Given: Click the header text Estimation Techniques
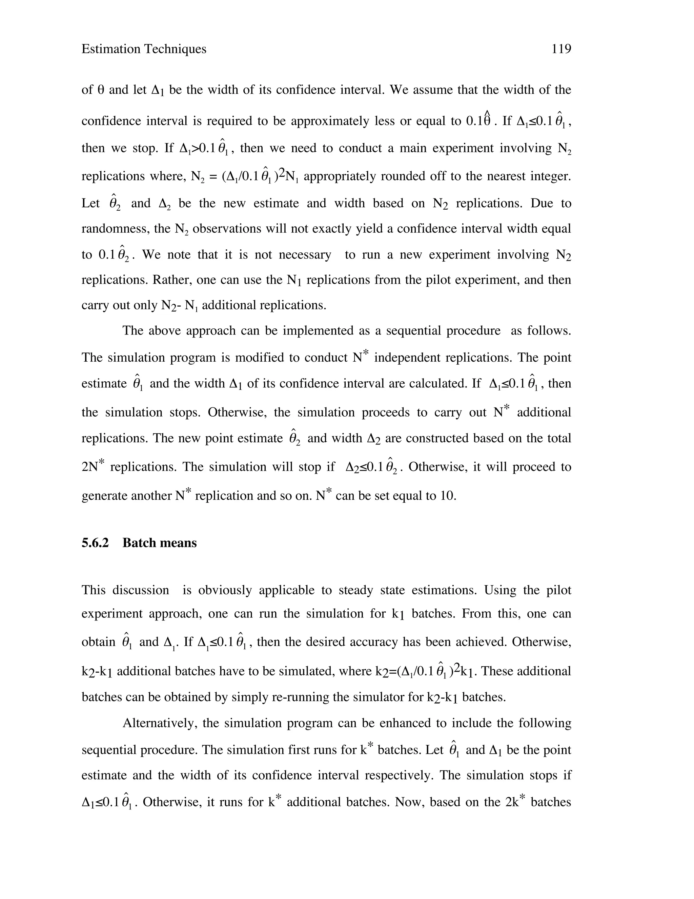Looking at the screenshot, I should pyautogui.click(x=144, y=49).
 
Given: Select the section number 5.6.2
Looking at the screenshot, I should pyautogui.click(x=95, y=543).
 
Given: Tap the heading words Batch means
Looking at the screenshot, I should pyautogui.click(x=160, y=543).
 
